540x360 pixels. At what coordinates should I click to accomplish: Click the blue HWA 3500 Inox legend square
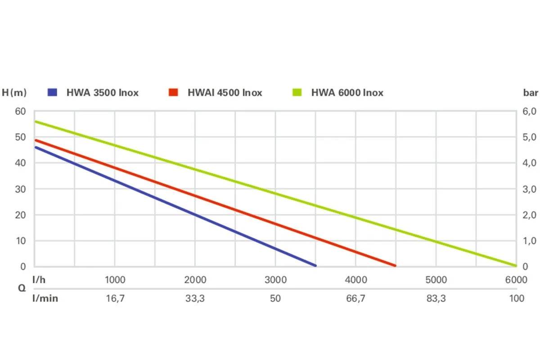click(x=53, y=93)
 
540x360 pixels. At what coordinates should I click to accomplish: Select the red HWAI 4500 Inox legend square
click(x=174, y=93)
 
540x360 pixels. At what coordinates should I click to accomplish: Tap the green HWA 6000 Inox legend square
click(x=297, y=93)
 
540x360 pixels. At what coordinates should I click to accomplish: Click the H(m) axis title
click(x=14, y=93)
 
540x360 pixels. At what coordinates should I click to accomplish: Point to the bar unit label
click(x=531, y=93)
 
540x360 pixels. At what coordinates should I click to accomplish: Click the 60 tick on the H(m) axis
click(x=21, y=111)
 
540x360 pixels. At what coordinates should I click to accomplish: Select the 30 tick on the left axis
click(x=21, y=189)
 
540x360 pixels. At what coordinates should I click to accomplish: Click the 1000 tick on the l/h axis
click(x=115, y=280)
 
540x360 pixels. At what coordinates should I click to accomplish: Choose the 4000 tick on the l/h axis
click(x=355, y=280)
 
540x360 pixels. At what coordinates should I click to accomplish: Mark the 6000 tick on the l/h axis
click(x=516, y=280)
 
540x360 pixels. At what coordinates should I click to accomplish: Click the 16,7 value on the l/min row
click(x=115, y=298)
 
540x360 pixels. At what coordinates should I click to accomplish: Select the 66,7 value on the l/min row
click(x=355, y=298)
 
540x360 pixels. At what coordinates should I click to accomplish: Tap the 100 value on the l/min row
click(x=517, y=298)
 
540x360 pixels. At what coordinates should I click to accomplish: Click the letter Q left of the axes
click(x=22, y=289)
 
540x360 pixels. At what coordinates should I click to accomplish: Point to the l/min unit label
click(x=45, y=298)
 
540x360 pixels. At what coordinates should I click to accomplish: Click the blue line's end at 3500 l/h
click(x=315, y=265)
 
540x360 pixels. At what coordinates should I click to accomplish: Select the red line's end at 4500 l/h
click(x=396, y=265)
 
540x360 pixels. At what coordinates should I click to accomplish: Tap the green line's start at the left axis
click(x=36, y=121)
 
